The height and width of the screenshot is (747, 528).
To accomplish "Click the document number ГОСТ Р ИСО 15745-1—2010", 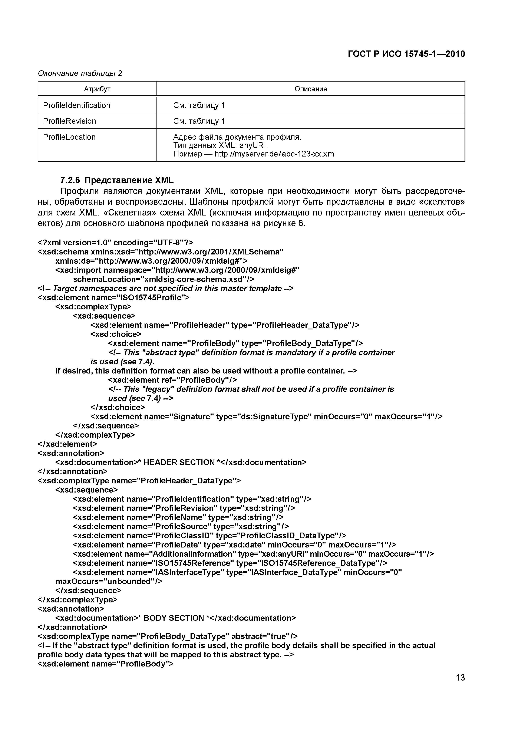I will pos(406,54).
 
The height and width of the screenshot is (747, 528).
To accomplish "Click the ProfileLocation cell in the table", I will pos(69,137).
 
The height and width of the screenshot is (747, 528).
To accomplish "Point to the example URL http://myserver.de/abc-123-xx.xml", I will pos(275,154).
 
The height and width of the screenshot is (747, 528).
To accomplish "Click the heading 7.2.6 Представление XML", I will pos(117,180).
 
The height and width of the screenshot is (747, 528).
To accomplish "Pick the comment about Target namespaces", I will pos(166,289).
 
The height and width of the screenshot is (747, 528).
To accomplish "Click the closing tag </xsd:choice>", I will pos(118,407).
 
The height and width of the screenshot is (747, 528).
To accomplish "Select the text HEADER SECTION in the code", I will pos(179,462).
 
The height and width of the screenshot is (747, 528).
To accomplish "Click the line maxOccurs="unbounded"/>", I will pos(109,581).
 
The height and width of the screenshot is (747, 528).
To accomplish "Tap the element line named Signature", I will pos(266,417).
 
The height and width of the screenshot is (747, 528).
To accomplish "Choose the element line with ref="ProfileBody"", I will pos(172,380).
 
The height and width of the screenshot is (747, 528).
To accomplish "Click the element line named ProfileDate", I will pos(234,545).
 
